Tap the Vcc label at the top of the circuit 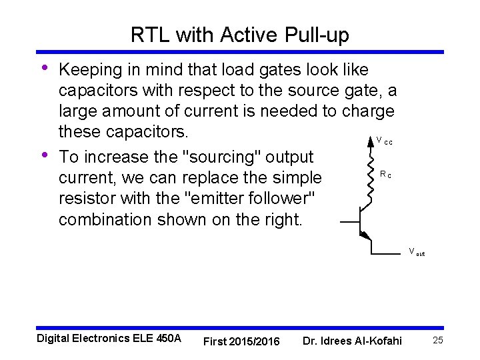click(x=384, y=141)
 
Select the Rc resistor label click(x=385, y=175)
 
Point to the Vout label click(x=417, y=253)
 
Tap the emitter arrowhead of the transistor click(x=365, y=234)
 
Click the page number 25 click(x=438, y=341)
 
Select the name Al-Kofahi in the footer click(x=376, y=341)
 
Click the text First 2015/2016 click(x=241, y=341)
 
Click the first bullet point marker click(x=45, y=68)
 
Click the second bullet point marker click(x=45, y=155)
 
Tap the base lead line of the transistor click(x=349, y=220)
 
